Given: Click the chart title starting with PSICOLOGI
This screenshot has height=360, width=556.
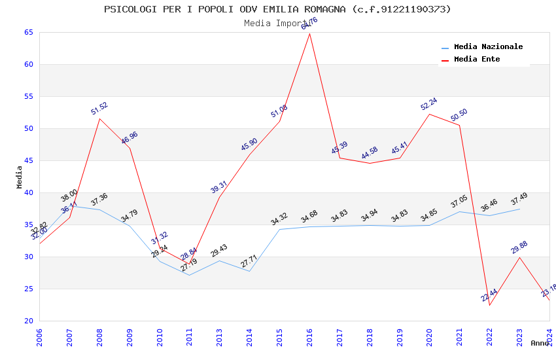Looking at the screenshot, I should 277,9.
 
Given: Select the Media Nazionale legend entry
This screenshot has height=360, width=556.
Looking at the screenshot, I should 488,47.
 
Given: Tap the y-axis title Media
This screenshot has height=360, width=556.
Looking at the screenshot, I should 20,177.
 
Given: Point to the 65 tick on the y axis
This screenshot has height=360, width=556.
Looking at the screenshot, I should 28,32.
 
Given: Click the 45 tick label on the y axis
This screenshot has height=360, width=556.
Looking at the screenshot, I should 28,160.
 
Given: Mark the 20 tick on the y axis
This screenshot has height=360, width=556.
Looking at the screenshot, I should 28,321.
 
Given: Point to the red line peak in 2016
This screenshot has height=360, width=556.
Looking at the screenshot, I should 309,33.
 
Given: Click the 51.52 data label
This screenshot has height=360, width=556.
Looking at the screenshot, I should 99,109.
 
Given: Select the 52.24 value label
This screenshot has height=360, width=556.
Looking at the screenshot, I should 429,104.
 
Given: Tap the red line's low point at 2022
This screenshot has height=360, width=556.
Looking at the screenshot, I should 489,305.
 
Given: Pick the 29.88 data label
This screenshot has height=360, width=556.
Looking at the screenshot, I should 519,247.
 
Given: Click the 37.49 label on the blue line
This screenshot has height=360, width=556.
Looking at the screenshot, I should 519,199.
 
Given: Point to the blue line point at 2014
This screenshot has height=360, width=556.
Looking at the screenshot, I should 249,271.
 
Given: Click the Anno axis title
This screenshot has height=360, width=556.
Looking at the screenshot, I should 540,343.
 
